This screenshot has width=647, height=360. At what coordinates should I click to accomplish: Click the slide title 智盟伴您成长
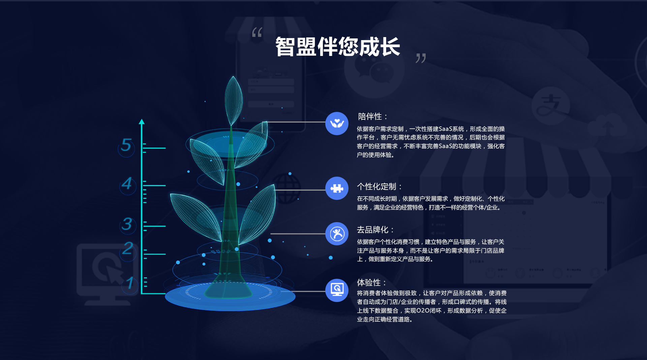point(338,47)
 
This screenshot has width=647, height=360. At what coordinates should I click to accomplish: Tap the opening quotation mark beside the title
point(257,32)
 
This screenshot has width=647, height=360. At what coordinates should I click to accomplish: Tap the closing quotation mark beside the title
point(421,58)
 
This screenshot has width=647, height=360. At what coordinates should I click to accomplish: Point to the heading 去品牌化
point(375,230)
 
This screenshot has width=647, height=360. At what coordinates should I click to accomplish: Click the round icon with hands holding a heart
point(337,123)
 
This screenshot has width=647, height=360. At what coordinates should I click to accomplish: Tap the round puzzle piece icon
point(337,188)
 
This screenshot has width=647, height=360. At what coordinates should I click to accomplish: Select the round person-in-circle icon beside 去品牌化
point(337,234)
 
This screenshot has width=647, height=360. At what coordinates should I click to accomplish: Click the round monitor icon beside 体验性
point(337,290)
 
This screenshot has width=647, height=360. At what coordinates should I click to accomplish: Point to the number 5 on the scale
point(126,145)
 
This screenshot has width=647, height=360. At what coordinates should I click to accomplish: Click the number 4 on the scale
point(127,183)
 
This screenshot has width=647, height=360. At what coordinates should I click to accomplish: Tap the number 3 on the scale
point(127,224)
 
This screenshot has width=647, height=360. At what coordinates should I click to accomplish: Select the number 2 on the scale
point(127,248)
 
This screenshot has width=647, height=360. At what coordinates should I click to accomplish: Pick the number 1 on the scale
point(130,283)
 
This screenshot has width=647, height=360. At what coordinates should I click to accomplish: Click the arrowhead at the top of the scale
point(142,122)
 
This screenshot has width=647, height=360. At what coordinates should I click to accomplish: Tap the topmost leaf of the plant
point(233,101)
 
